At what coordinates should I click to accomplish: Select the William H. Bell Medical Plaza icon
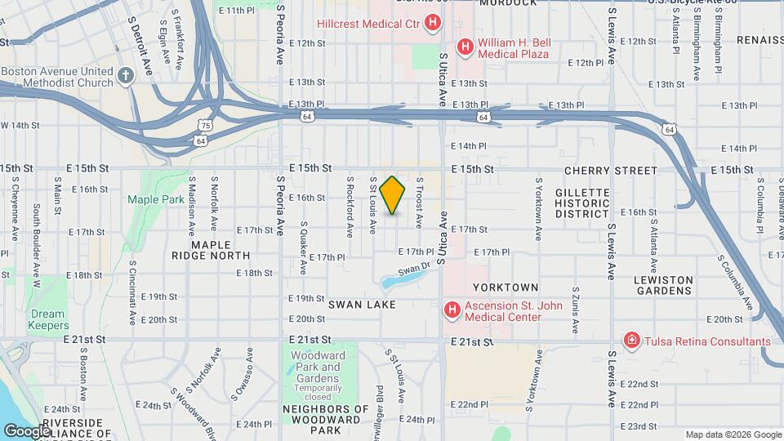(465, 47)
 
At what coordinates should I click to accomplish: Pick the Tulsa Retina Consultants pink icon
(630, 341)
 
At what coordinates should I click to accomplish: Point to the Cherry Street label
(610, 171)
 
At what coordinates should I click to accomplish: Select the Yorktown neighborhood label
(506, 287)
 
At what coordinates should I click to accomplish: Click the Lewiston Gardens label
(663, 286)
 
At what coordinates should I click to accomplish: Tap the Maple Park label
(145, 199)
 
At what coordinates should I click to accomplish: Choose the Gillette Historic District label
(582, 203)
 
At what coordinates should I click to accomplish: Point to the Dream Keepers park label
(47, 319)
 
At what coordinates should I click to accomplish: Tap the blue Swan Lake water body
(401, 280)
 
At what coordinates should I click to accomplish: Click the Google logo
(27, 431)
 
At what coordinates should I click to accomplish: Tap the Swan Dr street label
(413, 267)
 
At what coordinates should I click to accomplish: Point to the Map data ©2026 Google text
(733, 434)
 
